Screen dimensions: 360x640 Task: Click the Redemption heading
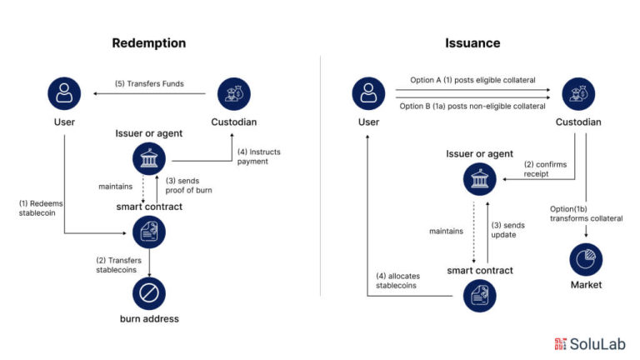148,42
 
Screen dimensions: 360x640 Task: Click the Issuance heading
472,42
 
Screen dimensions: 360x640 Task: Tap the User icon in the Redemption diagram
63,93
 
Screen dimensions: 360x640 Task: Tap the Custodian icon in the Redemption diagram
233,93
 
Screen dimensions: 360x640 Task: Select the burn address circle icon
149,293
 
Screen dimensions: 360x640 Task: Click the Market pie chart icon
586,260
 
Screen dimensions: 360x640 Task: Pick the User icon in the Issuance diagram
368,93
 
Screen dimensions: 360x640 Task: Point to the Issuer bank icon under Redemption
149,157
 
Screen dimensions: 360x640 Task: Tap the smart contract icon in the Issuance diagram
479,293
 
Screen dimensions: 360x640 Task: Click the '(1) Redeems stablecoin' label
42,208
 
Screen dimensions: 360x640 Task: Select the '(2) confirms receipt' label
545,169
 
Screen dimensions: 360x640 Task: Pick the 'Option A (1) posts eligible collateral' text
472,81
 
